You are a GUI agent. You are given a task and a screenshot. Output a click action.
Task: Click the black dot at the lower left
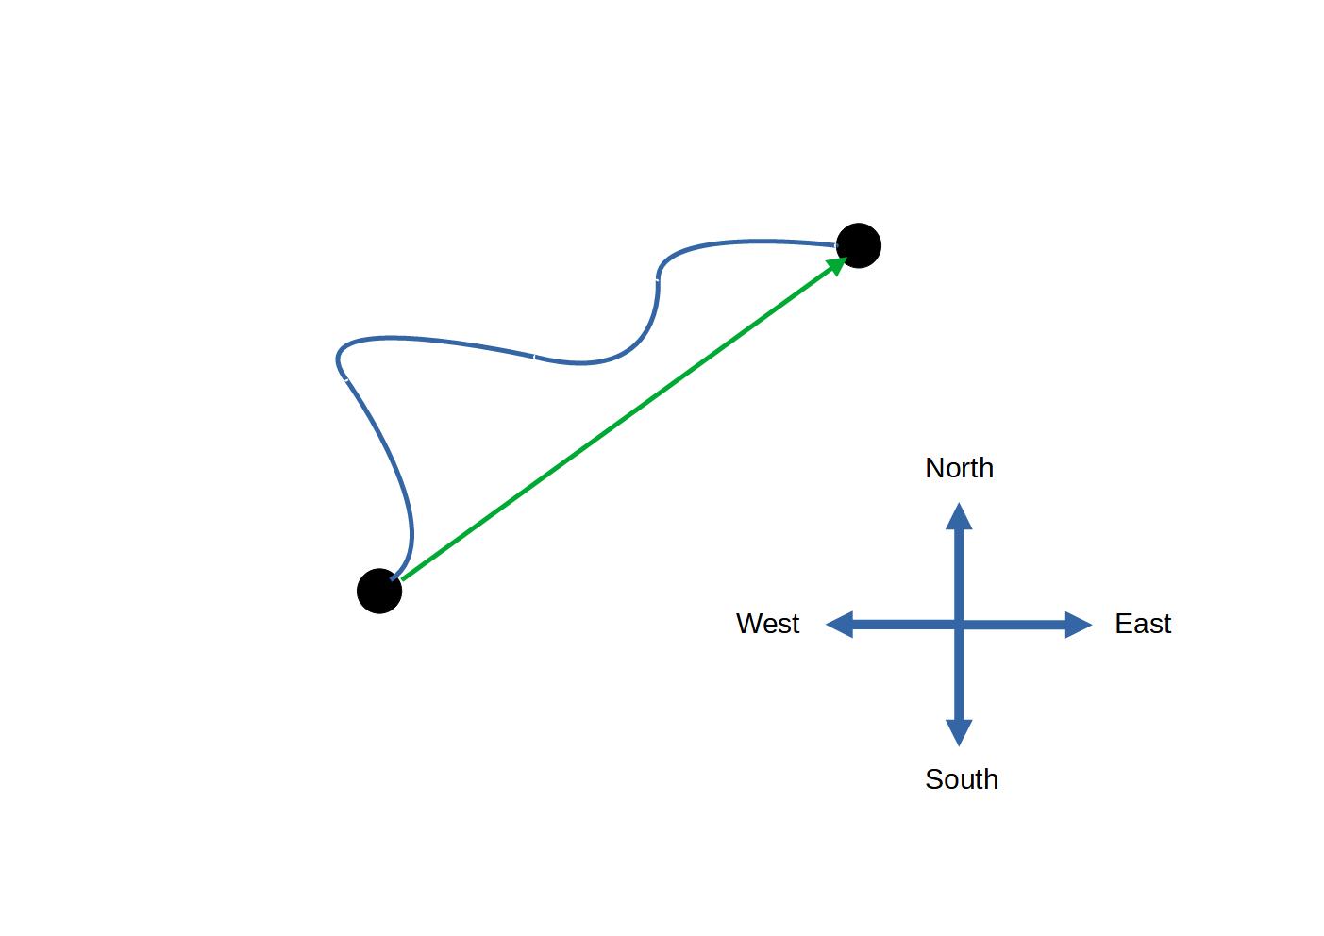point(379,592)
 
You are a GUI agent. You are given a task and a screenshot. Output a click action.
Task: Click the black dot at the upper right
point(858,245)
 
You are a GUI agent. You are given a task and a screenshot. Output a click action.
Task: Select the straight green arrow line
point(618,421)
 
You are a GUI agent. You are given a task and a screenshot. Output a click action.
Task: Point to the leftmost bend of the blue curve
point(338,358)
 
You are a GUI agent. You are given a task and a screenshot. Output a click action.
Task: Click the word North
point(959,468)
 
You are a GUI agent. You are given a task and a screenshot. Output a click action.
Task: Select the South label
point(961,779)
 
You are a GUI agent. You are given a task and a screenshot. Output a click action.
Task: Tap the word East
point(1143,624)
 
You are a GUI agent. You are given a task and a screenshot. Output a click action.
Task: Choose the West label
point(767,624)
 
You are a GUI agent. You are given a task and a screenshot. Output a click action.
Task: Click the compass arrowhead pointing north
point(959,515)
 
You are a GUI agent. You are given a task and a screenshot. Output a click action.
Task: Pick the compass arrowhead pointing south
point(959,733)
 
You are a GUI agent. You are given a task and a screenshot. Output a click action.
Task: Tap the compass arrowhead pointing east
point(1079,625)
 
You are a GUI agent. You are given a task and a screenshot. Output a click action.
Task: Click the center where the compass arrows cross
point(959,625)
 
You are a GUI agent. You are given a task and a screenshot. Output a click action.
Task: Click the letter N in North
point(934,468)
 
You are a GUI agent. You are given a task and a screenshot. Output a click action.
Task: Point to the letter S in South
point(933,779)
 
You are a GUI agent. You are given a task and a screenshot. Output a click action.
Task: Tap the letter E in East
point(1123,624)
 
